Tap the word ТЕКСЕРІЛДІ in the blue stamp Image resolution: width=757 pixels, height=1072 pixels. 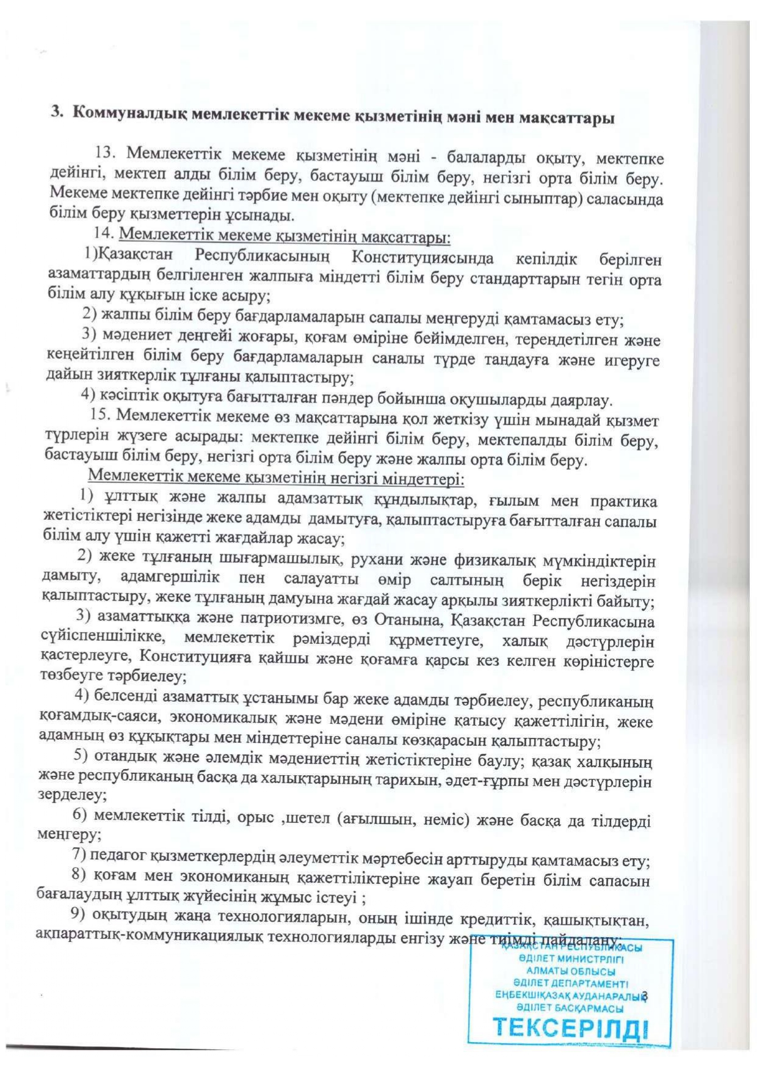click(x=570, y=1028)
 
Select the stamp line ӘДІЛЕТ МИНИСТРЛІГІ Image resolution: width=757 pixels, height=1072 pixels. click(x=571, y=959)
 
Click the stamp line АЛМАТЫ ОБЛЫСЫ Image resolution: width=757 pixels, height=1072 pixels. click(x=571, y=971)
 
